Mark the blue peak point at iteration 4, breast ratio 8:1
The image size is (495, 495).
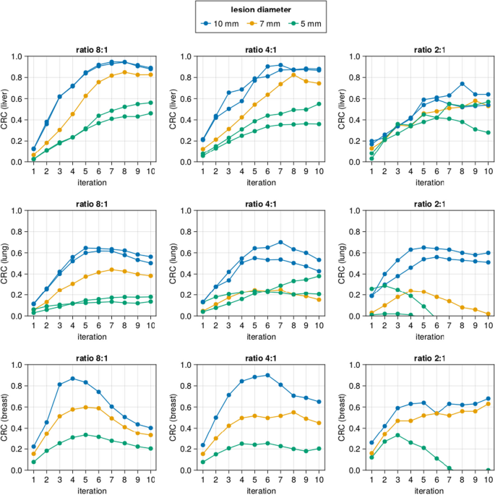tap(72, 378)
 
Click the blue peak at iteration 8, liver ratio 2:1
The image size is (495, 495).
tap(462, 84)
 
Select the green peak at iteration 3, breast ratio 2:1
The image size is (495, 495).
tap(397, 435)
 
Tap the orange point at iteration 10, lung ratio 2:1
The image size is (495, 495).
tap(488, 314)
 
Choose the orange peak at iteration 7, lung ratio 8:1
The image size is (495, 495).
tap(112, 270)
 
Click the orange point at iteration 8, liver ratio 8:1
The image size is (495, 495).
tap(125, 72)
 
